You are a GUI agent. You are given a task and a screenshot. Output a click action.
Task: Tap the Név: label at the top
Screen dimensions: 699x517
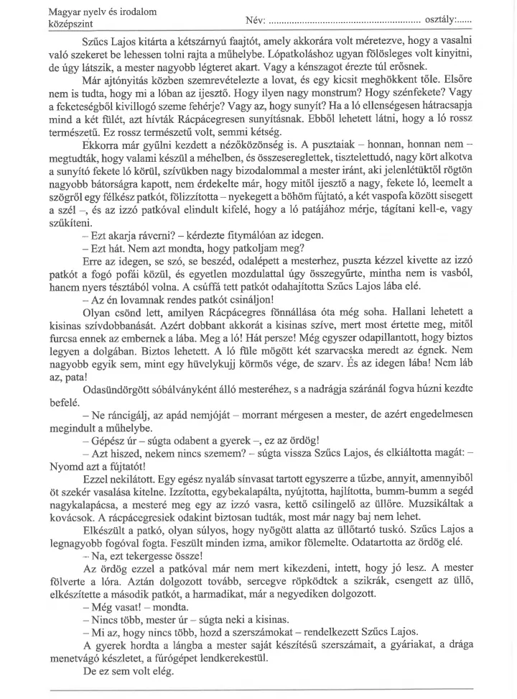click(x=254, y=19)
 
